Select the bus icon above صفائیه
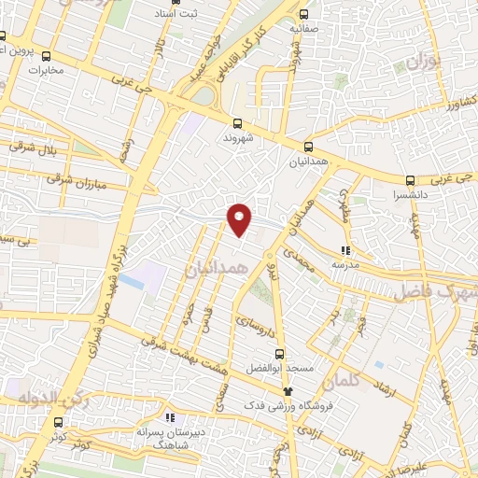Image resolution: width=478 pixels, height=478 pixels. [304, 13]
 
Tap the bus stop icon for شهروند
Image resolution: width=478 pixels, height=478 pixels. [238, 122]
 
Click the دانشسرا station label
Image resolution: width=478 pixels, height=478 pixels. [410, 197]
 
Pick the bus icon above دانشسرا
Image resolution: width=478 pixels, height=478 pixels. [410, 180]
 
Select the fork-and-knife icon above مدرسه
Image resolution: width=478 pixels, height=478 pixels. [344, 249]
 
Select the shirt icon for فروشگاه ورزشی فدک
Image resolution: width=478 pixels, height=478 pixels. [288, 392]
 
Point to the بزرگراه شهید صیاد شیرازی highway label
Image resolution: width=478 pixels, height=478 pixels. [105, 286]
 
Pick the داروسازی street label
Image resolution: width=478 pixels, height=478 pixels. [252, 326]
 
